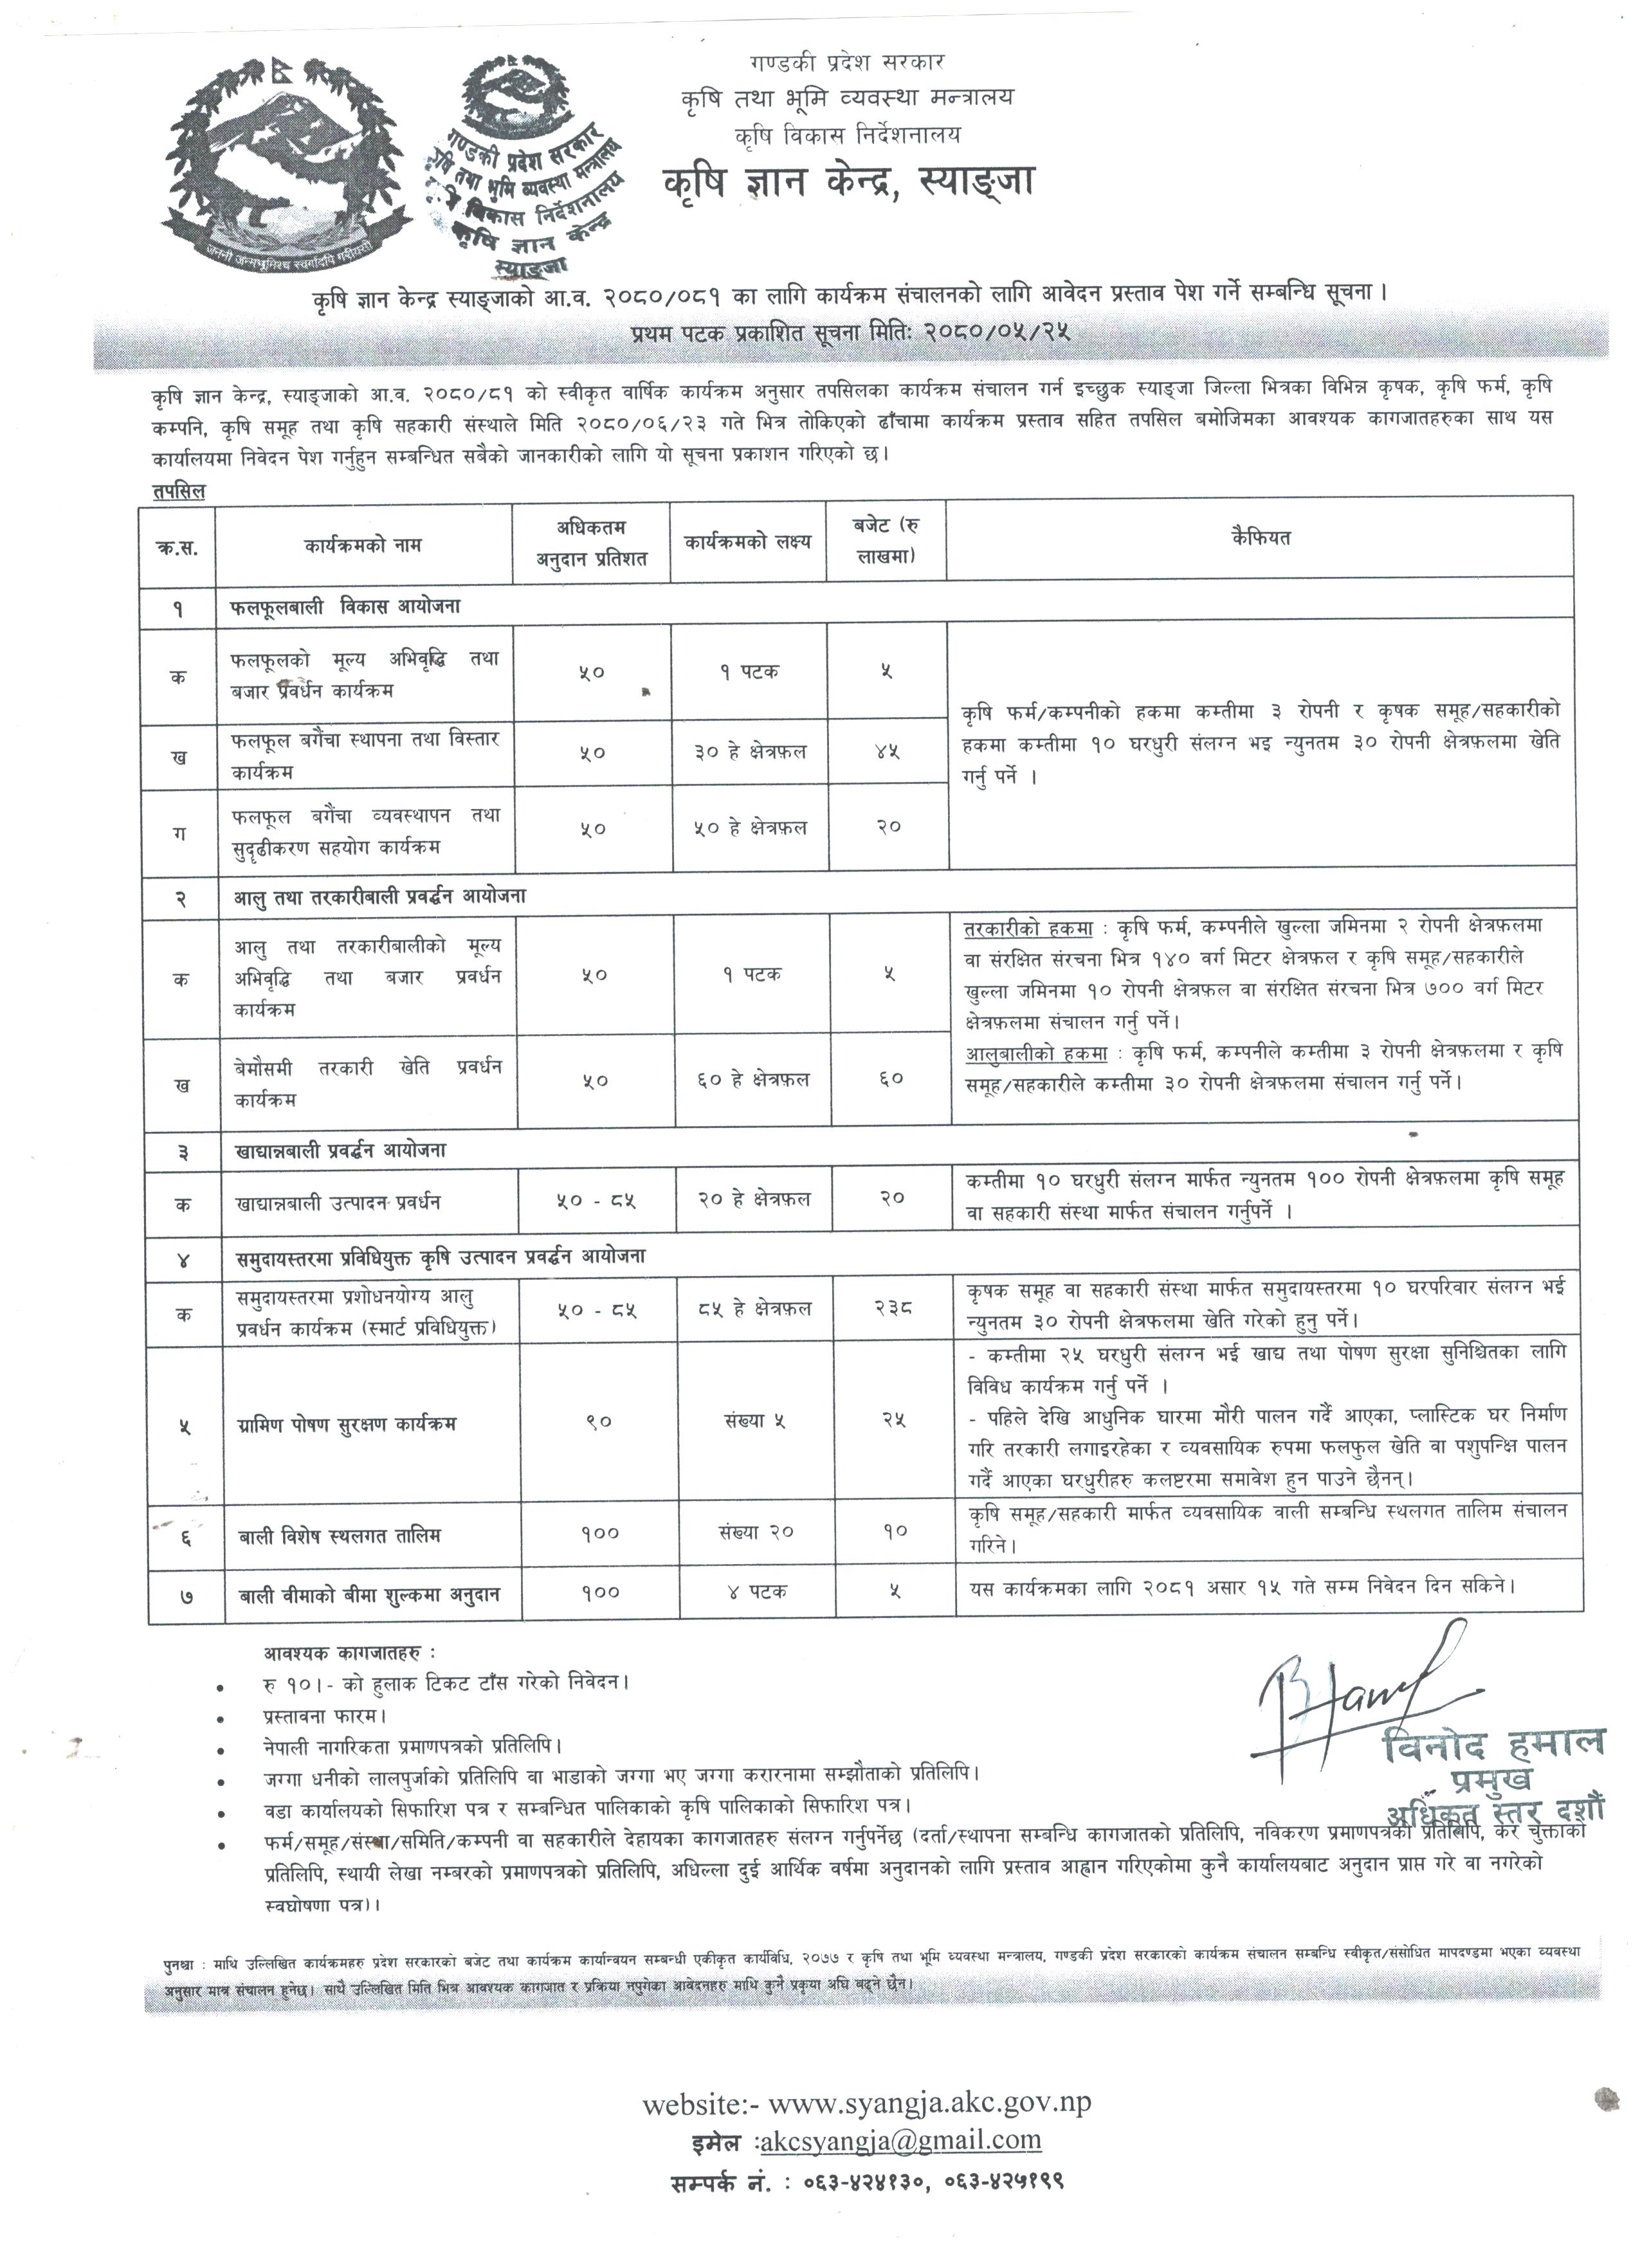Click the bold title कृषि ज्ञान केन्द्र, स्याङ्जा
tap(850, 182)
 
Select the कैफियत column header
tap(1260, 538)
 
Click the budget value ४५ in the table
tap(888, 752)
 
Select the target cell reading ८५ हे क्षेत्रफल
tap(754, 1309)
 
